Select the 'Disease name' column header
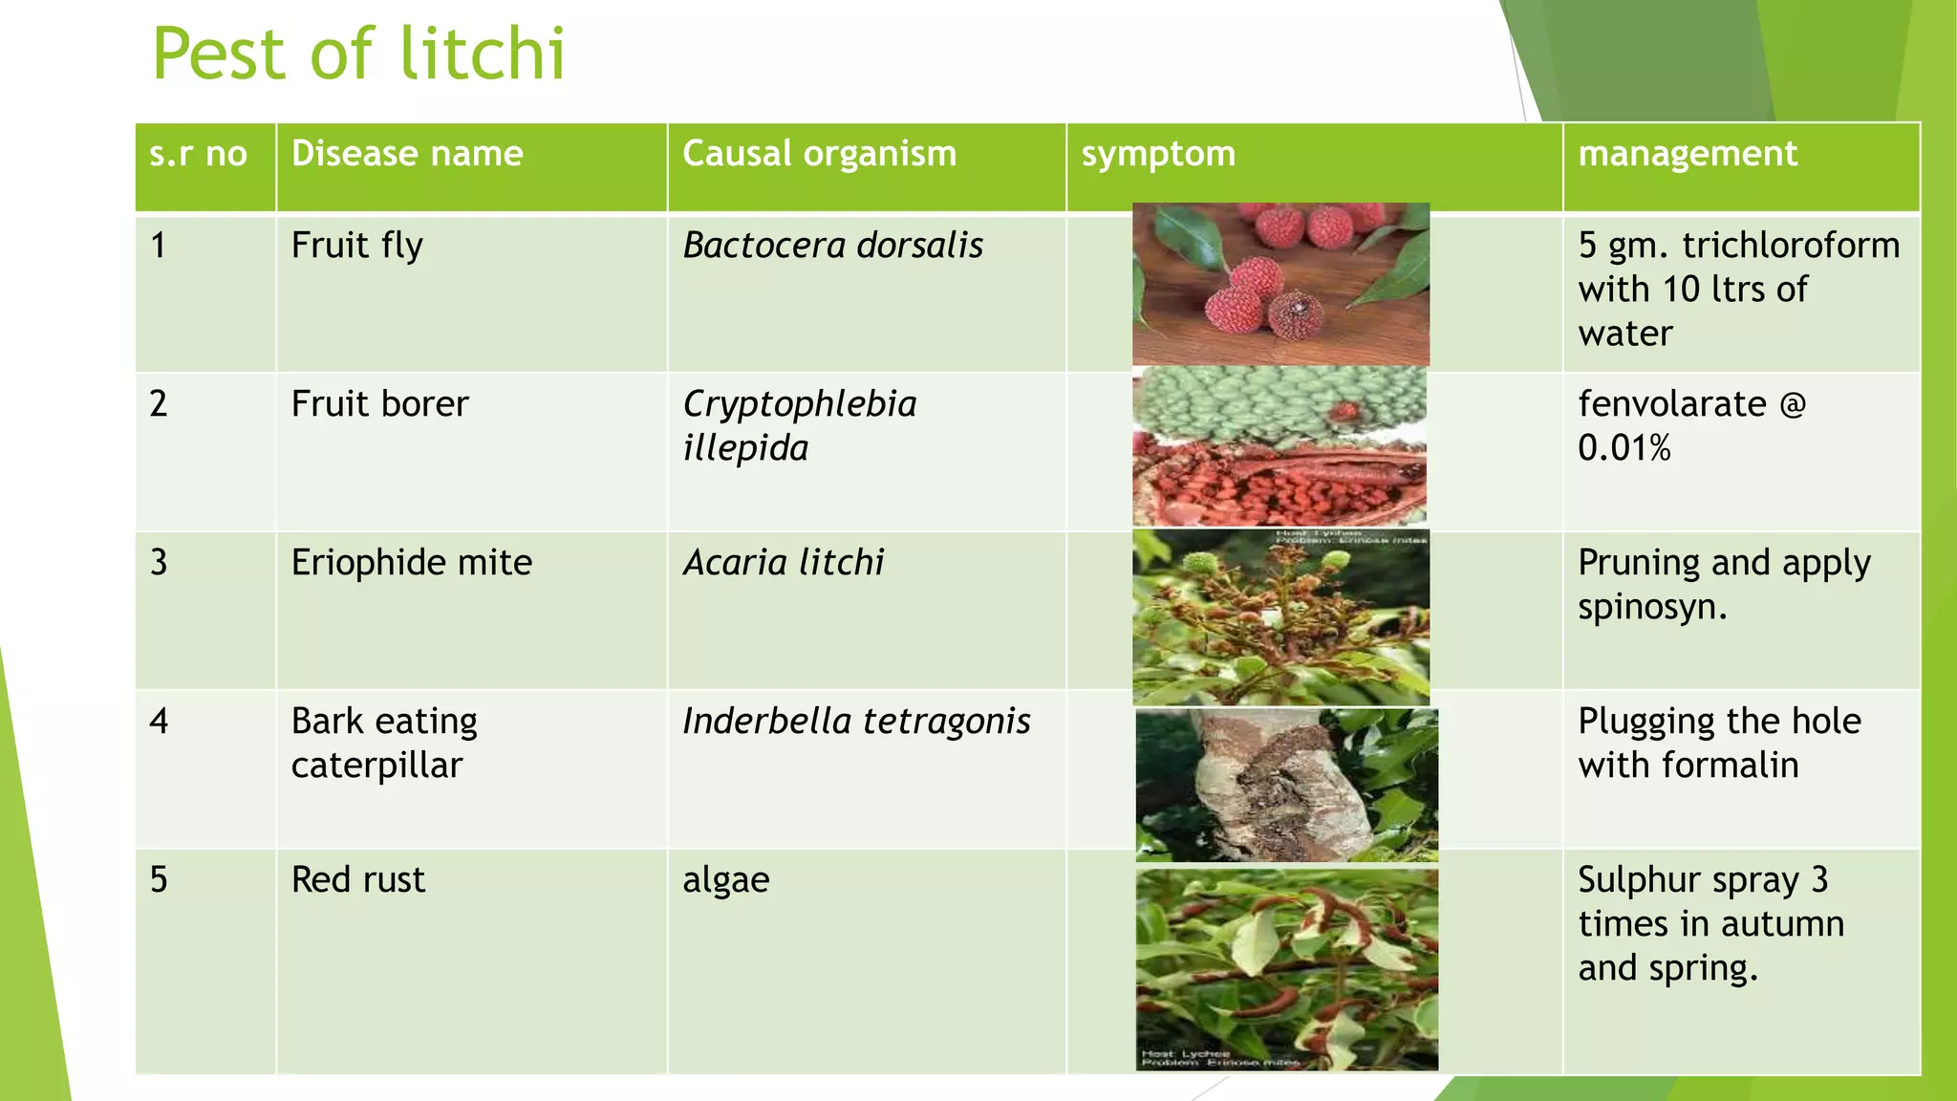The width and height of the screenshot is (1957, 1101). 407,154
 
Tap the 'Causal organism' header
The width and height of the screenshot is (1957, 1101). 819,154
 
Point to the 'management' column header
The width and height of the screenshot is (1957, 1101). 1687,154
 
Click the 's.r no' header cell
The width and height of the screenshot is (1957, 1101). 198,154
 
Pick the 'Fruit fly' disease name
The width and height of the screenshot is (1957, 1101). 356,246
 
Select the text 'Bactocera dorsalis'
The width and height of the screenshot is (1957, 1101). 832,246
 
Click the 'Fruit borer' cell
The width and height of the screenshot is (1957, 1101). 379,404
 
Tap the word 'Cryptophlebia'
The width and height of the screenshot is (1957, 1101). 799,404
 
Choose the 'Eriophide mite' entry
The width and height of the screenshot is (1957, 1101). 411,563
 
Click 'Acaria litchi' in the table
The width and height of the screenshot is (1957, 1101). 784,563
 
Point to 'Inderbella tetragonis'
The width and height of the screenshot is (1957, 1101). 856,722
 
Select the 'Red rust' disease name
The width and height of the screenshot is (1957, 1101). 357,880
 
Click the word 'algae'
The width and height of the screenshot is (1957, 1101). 725,880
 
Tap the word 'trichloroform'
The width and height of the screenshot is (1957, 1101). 1791,246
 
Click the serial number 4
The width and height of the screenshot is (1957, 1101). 159,722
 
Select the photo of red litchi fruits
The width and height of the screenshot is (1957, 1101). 1280,284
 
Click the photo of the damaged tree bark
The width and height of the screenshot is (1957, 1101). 1286,785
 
